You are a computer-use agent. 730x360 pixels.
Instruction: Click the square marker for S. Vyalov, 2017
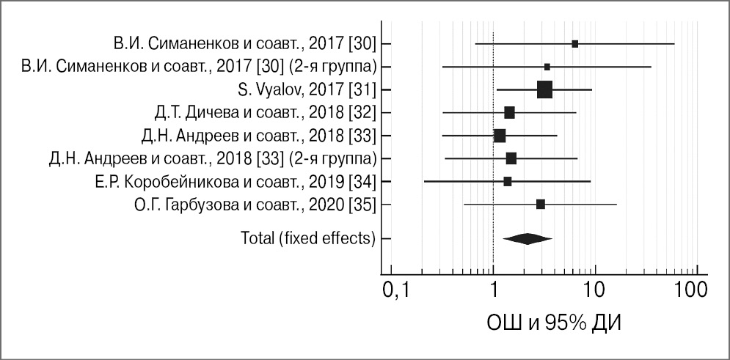544,89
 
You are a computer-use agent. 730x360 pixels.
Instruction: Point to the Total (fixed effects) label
308,238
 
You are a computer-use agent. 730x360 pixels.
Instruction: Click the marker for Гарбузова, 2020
541,204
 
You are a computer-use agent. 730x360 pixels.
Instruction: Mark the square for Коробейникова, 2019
508,181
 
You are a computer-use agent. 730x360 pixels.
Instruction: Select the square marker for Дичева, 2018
509,112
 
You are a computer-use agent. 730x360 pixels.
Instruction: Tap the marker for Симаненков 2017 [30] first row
575,44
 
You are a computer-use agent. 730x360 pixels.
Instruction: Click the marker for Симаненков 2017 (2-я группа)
547,67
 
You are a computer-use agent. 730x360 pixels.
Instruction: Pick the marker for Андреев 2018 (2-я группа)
511,158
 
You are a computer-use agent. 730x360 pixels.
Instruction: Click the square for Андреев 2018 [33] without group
500,136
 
